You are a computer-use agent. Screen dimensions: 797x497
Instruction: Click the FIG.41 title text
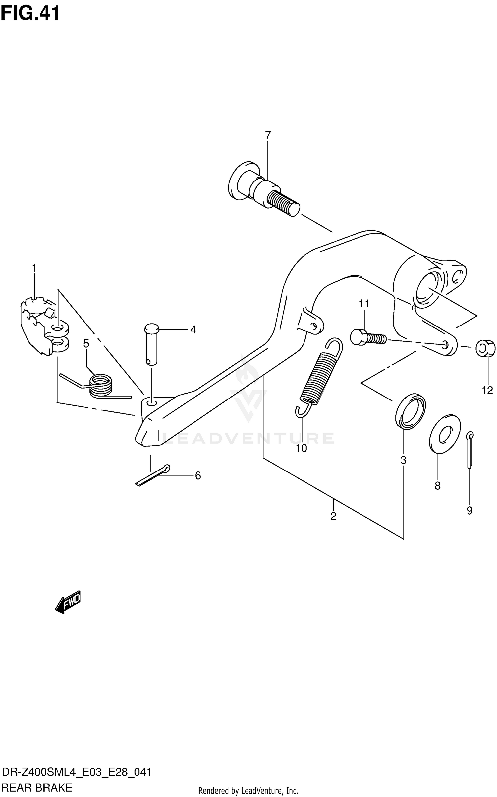(30, 14)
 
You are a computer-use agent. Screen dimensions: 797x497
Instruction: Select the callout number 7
(268, 135)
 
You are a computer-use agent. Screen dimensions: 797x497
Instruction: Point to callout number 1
(34, 268)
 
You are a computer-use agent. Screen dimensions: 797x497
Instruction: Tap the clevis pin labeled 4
(151, 345)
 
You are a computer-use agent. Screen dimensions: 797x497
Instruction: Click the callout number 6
(198, 476)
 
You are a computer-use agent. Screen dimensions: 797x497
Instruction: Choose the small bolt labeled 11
(368, 338)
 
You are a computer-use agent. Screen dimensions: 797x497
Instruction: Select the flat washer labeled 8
(444, 433)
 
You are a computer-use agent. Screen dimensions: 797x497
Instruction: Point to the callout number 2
(333, 516)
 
